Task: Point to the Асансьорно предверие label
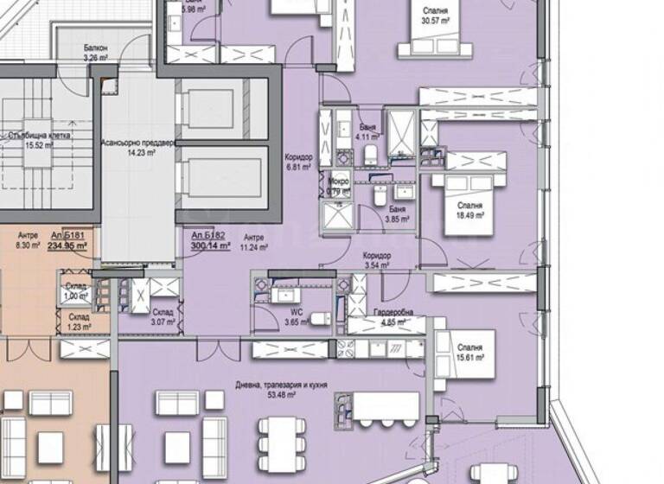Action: [x=139, y=143]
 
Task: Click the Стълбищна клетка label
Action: [x=36, y=136]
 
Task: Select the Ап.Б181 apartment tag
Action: [x=67, y=234]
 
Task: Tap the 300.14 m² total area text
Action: [x=210, y=245]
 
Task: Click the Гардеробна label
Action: [x=375, y=313]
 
